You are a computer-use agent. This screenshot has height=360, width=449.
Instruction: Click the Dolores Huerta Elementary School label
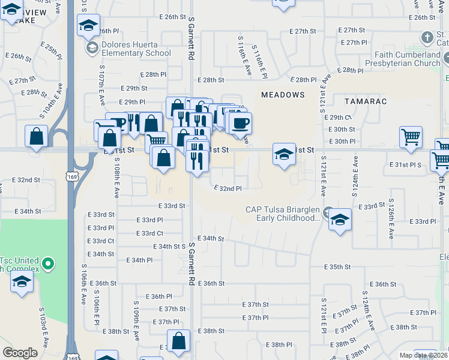pos(136,48)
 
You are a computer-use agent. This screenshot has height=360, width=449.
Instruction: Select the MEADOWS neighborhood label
pos(283,95)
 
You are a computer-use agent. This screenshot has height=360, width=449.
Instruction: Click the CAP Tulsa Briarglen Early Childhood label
pos(282,214)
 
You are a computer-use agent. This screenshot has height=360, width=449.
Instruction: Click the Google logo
pos(20,353)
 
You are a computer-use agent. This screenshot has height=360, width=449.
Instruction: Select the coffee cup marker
pos(240,124)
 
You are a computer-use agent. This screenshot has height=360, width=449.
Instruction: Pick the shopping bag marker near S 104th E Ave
pos(37,136)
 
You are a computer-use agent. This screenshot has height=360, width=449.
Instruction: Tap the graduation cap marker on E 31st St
pos(284,155)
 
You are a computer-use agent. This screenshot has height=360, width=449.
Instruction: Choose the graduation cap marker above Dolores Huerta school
pos(88,26)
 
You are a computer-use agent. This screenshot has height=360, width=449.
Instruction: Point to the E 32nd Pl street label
pos(228,188)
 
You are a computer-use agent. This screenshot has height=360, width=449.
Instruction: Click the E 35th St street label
pos(337,266)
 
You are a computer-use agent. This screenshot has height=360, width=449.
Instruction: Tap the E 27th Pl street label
pos(353,43)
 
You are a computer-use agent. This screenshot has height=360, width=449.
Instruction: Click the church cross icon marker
pos(427,37)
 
